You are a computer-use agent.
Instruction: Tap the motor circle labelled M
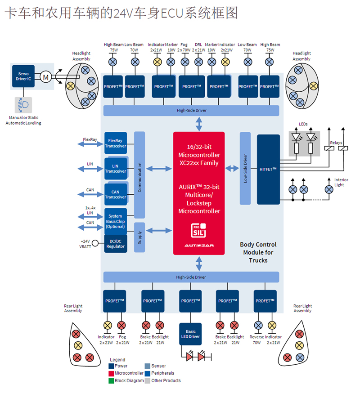(x=45, y=77)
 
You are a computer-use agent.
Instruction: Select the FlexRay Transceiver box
(x=116, y=143)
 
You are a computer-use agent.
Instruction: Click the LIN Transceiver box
(x=116, y=169)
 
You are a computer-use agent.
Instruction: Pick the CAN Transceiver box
(x=116, y=194)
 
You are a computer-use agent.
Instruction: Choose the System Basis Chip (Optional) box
(x=115, y=221)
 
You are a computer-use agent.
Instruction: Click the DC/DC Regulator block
(x=115, y=244)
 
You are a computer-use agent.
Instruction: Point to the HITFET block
(x=268, y=169)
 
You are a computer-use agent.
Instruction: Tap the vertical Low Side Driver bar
(x=245, y=168)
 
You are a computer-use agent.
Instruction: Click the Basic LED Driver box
(x=191, y=334)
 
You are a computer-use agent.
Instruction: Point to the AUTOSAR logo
(x=198, y=246)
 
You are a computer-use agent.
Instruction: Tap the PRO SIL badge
(x=198, y=231)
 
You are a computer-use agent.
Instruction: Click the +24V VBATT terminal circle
(x=95, y=243)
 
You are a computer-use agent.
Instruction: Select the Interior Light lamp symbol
(x=329, y=189)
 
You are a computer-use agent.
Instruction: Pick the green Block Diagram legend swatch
(x=111, y=380)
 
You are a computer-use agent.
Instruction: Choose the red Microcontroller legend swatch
(x=111, y=373)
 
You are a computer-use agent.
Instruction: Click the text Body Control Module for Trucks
(x=258, y=252)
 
